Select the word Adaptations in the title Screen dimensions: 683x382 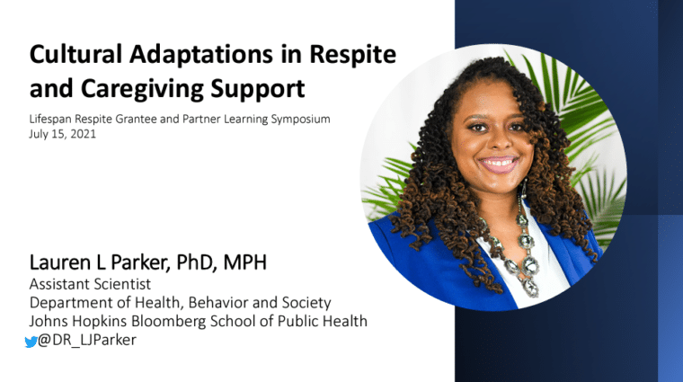[200, 55]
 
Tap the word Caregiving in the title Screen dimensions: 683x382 [142, 90]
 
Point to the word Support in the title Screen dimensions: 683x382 [258, 90]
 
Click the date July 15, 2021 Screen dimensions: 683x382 [62, 134]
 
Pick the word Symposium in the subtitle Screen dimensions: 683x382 [300, 120]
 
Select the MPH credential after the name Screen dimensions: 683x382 [244, 262]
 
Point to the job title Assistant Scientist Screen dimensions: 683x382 [90, 284]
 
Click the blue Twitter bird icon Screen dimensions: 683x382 [31, 342]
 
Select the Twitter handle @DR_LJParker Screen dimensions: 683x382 [87, 340]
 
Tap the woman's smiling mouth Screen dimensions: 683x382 [499, 164]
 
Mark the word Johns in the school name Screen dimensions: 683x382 [49, 322]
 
